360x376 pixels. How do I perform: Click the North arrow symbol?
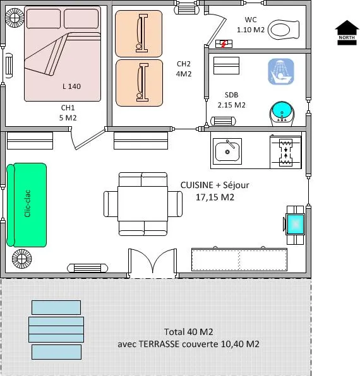[346, 32]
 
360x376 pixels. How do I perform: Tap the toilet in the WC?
[283, 29]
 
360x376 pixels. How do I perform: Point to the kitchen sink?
[226, 151]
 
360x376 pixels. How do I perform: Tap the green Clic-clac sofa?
[27, 205]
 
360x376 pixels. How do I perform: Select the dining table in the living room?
[142, 204]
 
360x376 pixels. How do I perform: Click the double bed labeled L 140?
[62, 54]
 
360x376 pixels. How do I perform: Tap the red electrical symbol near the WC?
[223, 44]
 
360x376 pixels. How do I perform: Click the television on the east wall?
[295, 223]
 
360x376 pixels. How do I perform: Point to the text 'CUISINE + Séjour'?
[215, 185]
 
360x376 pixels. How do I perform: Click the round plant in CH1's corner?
[14, 17]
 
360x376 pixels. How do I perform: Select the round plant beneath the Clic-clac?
[21, 259]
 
